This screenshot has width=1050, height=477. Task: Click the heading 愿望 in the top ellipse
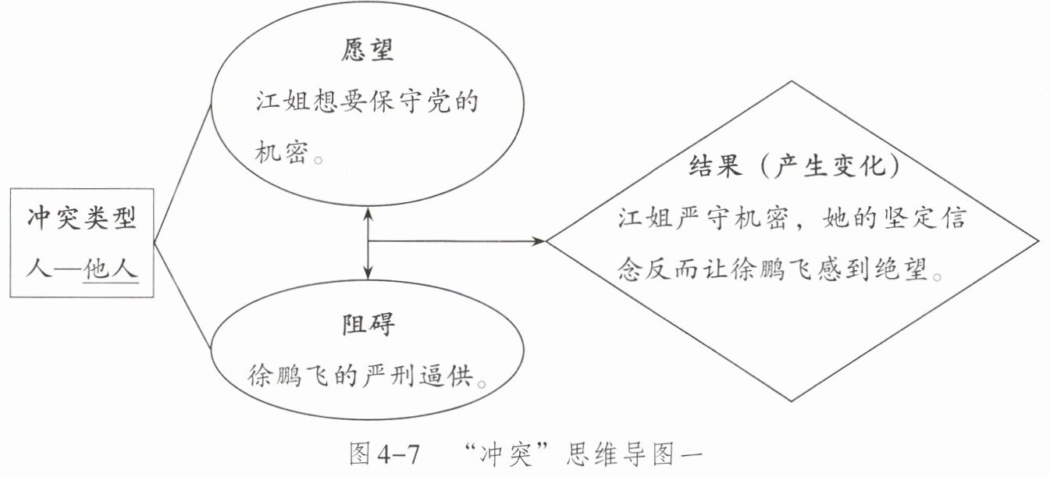[366, 52]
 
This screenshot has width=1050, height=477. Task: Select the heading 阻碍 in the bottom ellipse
[367, 325]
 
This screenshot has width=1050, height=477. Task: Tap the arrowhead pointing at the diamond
[539, 242]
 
